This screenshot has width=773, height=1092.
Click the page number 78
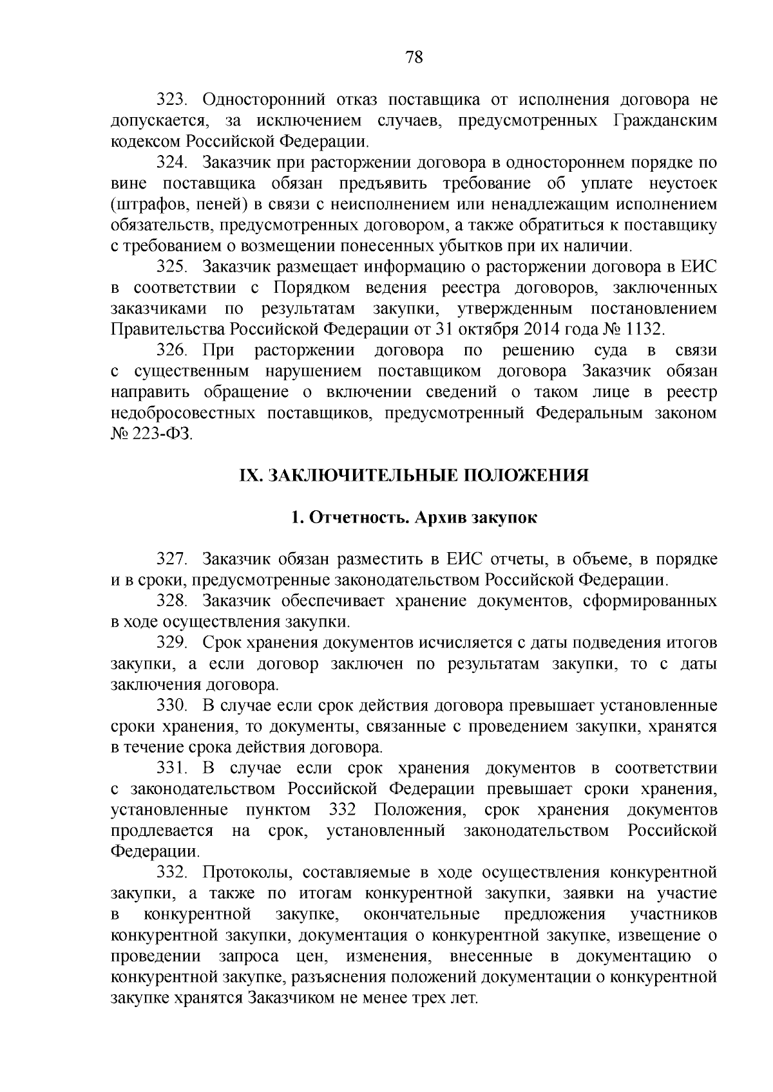coord(414,57)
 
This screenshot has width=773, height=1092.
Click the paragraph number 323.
coord(171,100)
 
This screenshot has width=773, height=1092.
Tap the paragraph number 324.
coord(171,162)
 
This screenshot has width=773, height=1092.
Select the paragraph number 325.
coord(171,267)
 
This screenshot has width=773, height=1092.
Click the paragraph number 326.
coord(171,351)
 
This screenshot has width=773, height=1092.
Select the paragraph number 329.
coord(171,643)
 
